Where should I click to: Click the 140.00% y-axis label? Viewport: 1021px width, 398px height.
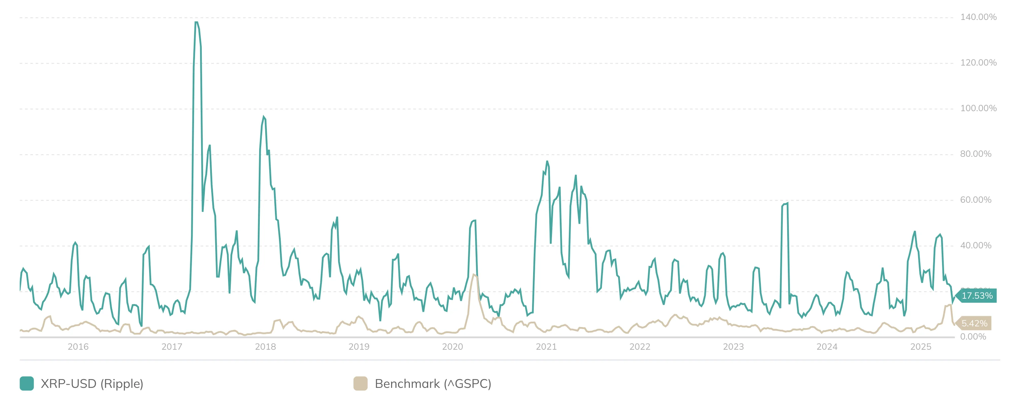point(978,17)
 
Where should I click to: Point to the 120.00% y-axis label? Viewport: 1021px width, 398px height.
point(978,63)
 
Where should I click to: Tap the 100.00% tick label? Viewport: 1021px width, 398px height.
point(978,108)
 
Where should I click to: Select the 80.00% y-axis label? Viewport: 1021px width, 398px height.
point(975,154)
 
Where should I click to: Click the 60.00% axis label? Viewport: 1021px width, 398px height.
point(975,200)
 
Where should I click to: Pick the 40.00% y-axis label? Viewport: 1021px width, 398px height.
point(975,246)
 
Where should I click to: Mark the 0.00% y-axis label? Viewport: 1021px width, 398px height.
point(973,337)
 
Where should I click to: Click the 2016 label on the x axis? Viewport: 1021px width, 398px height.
point(78,347)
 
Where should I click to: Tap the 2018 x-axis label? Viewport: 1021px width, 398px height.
point(265,347)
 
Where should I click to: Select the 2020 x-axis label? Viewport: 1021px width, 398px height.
point(452,347)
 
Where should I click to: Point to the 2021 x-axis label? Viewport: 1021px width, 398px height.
point(546,347)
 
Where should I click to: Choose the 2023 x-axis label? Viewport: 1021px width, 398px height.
point(733,347)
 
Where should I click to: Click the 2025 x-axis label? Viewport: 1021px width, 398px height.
point(920,347)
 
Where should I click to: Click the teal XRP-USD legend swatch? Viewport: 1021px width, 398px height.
point(27,384)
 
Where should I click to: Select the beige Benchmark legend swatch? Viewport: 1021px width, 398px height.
point(360,384)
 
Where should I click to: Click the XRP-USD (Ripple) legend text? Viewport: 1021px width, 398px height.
point(92,384)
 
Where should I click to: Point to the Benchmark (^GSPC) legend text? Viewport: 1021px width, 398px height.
point(433,384)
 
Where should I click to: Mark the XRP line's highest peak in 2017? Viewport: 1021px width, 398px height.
point(196,22)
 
